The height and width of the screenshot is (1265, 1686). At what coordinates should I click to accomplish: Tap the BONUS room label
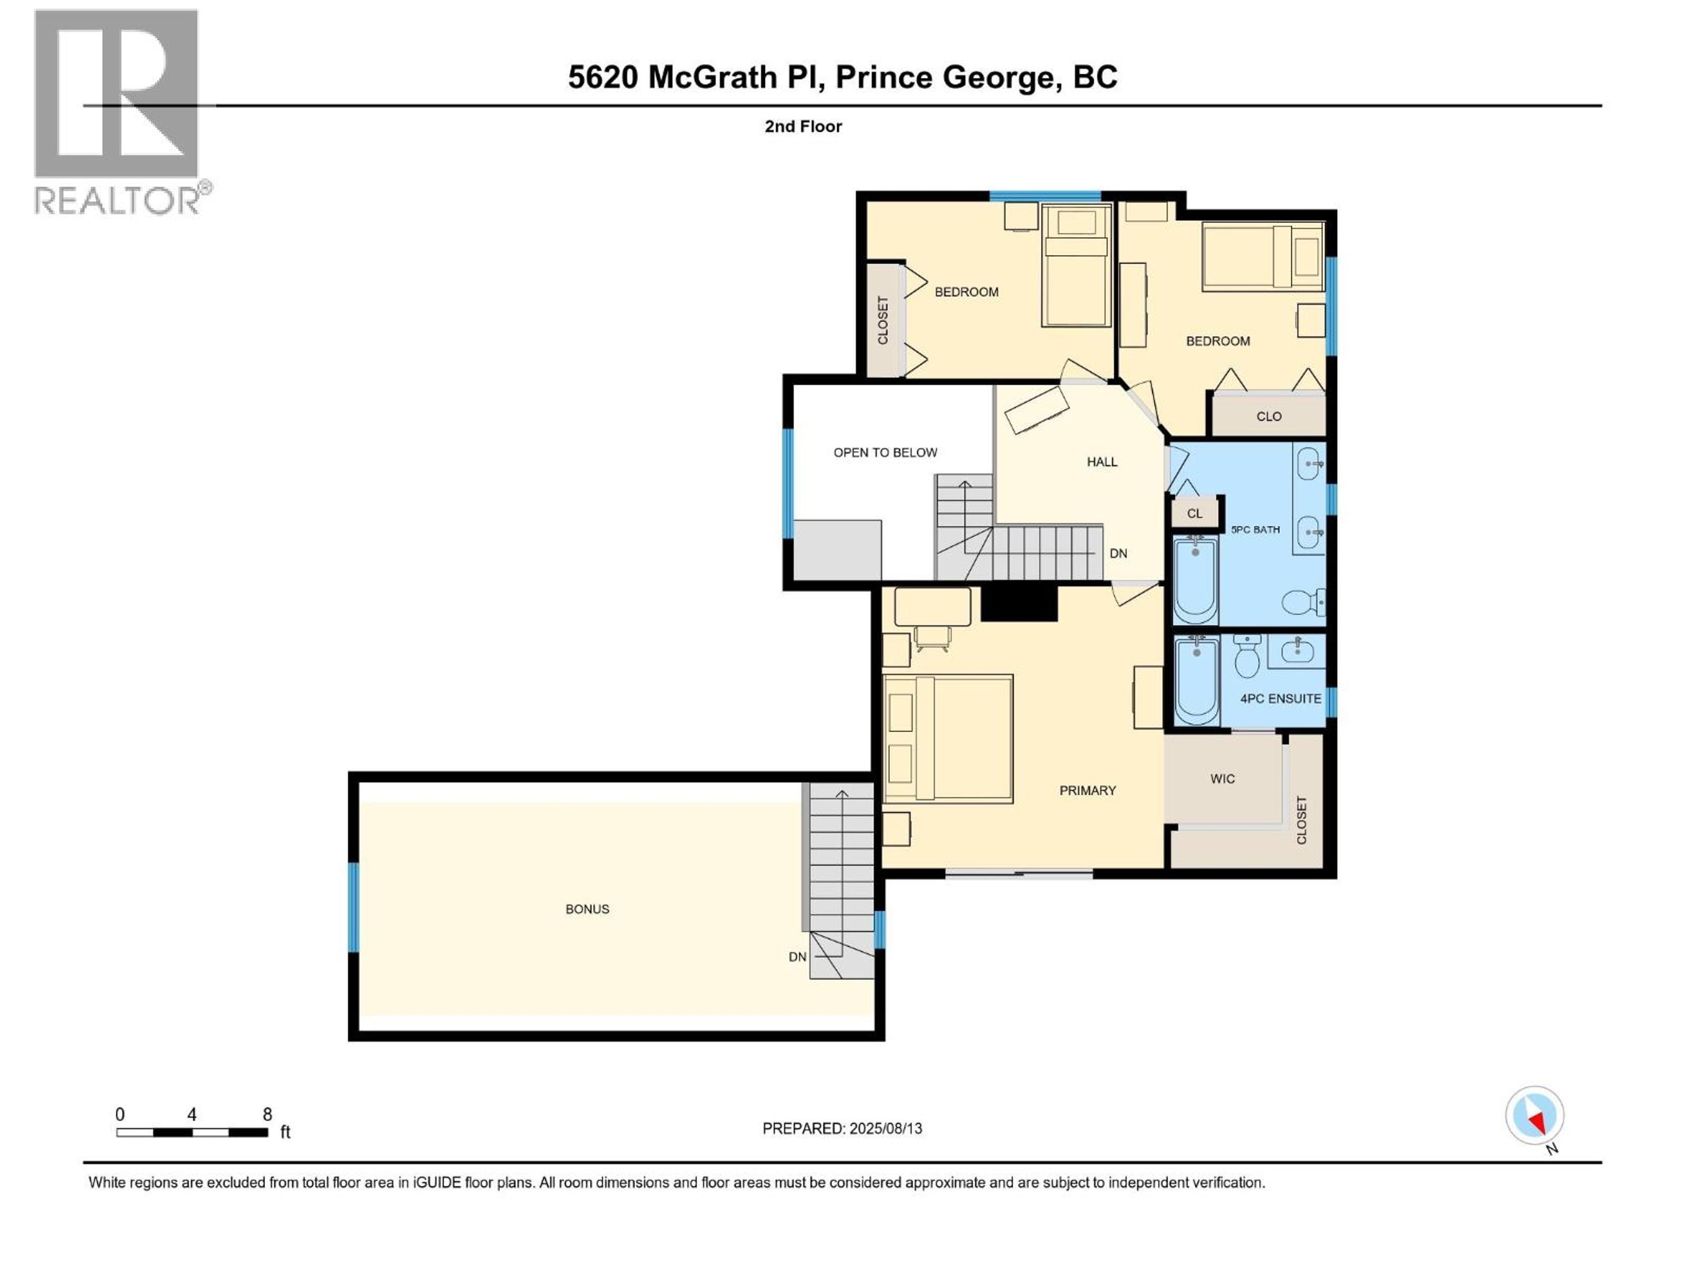pyautogui.click(x=587, y=909)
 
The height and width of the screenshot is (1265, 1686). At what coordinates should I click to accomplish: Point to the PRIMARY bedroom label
pyautogui.click(x=1087, y=791)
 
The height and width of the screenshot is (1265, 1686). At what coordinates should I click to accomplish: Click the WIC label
pyautogui.click(x=1222, y=778)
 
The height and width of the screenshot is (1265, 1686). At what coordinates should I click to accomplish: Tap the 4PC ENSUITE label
pyautogui.click(x=1280, y=698)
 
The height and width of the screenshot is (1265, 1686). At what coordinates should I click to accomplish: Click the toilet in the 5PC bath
pyautogui.click(x=1302, y=602)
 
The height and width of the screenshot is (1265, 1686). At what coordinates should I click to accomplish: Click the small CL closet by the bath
pyautogui.click(x=1194, y=513)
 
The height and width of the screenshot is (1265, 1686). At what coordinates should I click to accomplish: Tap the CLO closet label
pyautogui.click(x=1269, y=416)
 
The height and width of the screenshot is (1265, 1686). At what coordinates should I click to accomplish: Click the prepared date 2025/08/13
pyautogui.click(x=886, y=1128)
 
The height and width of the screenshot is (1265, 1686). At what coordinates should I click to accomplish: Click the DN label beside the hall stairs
pyautogui.click(x=1118, y=553)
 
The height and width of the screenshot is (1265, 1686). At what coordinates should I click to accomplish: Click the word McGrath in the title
pyautogui.click(x=712, y=77)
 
